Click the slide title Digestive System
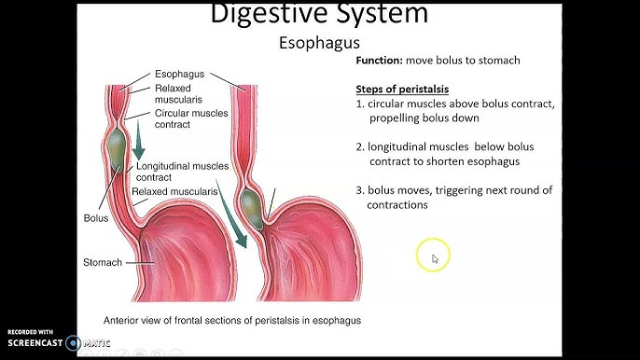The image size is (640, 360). point(319,14)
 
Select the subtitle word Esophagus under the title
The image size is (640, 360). point(319,44)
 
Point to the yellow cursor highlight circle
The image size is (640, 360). point(434,256)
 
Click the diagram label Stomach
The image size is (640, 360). point(103,262)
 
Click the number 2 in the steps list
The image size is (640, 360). point(359,147)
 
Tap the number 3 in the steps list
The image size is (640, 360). point(359,190)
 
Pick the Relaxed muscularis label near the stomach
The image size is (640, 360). point(174,191)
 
